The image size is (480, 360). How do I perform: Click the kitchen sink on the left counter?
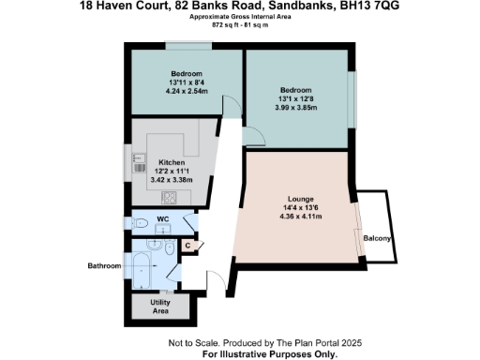coord(137,159)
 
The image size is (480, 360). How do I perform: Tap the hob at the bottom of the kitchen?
coord(172,197)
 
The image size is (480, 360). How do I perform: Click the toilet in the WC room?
coord(138,225)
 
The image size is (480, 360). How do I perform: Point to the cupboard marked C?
coord(187,247)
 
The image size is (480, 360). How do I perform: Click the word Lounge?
coord(300,200)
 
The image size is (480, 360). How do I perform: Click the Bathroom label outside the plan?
coord(105,266)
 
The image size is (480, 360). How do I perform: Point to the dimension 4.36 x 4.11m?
coord(300,217)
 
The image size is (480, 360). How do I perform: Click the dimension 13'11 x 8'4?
coord(187,82)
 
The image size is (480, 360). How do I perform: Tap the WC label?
coord(162,219)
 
